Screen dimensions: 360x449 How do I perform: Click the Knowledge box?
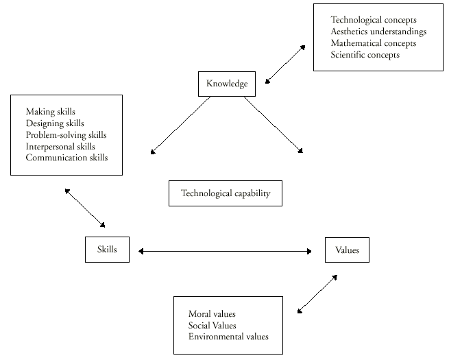(226, 84)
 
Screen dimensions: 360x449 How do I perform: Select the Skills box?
(106, 250)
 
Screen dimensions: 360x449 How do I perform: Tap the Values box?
(347, 250)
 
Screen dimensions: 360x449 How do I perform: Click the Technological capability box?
(226, 193)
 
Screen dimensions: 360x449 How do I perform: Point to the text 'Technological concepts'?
(373, 20)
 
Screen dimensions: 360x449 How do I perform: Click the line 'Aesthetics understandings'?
(378, 32)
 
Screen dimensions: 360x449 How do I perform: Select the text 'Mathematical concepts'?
(373, 43)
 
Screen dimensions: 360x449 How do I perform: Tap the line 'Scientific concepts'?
(365, 55)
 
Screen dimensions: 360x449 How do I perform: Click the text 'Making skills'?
(51, 111)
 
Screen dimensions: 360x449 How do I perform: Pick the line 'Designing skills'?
(55, 123)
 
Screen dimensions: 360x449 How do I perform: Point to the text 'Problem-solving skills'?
(66, 135)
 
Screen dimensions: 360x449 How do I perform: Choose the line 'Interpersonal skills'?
(60, 146)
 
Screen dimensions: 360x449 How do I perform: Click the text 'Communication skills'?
(66, 158)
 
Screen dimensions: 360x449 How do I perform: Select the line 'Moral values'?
(212, 314)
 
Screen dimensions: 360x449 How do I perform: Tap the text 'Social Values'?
(212, 325)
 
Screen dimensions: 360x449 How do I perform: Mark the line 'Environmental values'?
(228, 337)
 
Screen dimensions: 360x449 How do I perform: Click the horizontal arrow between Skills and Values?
(225, 252)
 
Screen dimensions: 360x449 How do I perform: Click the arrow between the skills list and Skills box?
(85, 207)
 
